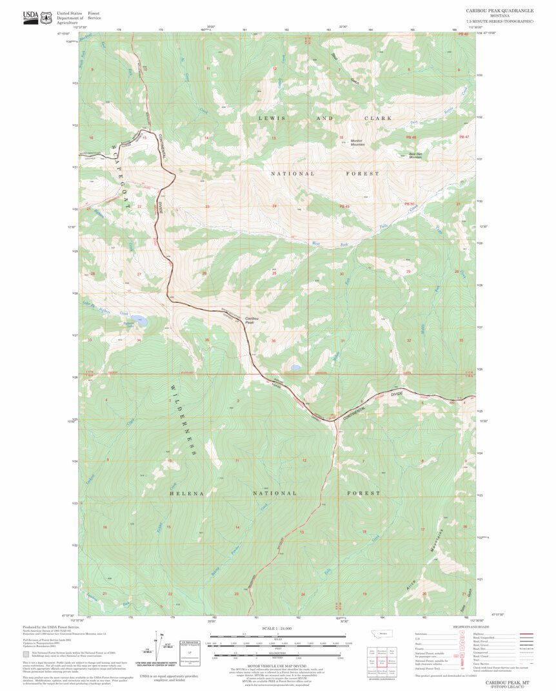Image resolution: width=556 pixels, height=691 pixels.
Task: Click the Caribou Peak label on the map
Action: (253, 319)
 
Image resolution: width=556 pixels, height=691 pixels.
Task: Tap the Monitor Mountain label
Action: (357, 142)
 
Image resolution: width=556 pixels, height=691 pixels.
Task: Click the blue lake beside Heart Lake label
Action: (141, 321)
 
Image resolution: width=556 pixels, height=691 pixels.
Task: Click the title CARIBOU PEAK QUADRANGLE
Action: (500, 11)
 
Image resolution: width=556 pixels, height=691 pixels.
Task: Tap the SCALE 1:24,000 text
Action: (278, 628)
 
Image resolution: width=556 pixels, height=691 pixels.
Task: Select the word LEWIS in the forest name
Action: (272, 118)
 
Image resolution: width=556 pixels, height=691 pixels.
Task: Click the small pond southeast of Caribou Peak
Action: (295, 367)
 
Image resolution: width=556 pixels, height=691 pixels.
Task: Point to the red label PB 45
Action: (344, 206)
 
